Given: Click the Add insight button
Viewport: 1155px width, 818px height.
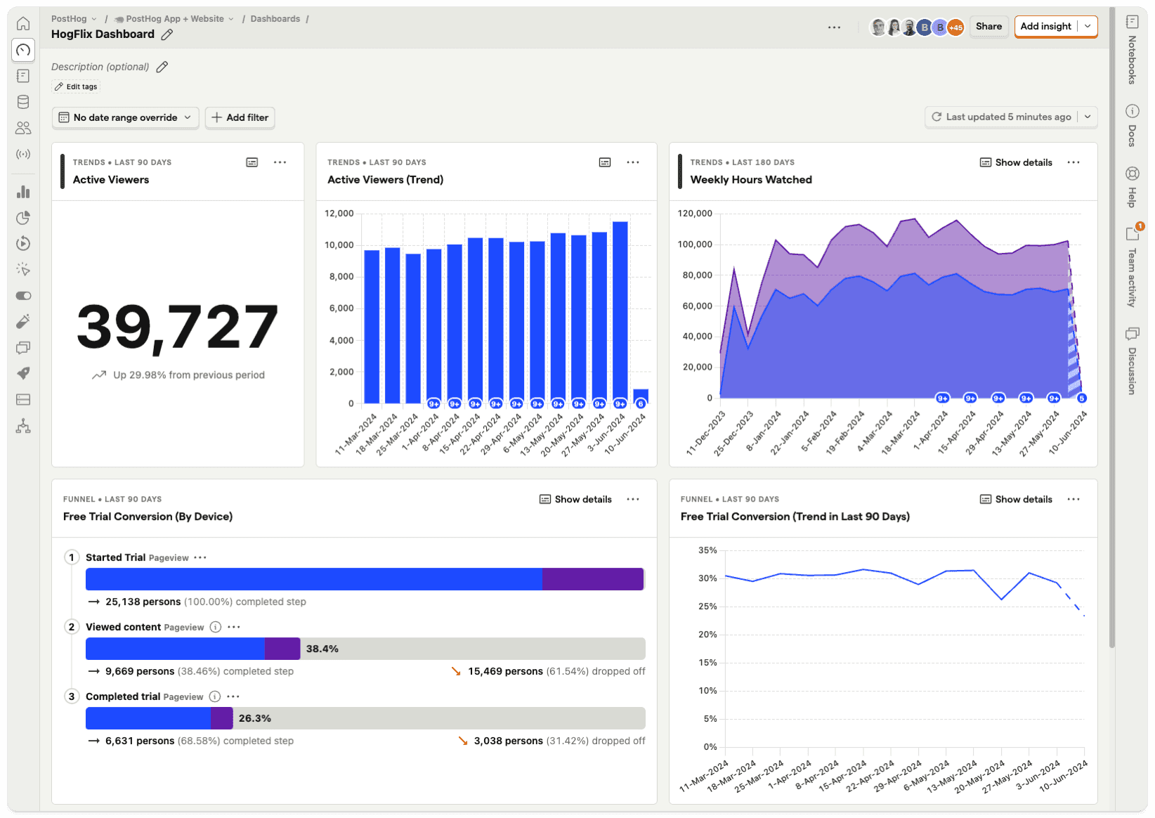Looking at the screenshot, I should click(1045, 27).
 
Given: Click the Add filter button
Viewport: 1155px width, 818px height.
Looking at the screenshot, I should click(240, 117).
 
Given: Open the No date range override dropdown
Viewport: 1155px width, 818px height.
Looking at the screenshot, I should click(125, 117).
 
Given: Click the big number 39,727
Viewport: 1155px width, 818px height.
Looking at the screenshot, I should click(177, 327).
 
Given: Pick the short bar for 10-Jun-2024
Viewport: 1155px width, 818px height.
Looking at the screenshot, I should click(640, 395).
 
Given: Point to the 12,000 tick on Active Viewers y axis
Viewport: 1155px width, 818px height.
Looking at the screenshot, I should click(339, 213).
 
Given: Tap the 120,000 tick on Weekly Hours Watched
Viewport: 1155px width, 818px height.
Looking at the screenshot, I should click(694, 213).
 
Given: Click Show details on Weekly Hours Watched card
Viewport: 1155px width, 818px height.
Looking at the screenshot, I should click(1016, 162).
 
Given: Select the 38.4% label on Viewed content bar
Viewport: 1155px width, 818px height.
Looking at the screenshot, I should click(322, 649).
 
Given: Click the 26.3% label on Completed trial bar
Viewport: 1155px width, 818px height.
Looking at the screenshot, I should click(254, 718).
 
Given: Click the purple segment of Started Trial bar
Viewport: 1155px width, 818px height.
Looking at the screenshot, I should click(592, 579).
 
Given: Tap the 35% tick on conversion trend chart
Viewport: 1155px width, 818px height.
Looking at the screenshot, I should click(707, 550).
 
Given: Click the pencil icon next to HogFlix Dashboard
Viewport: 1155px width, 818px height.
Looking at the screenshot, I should click(167, 34).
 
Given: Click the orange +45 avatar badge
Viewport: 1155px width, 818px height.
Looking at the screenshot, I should click(955, 27).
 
